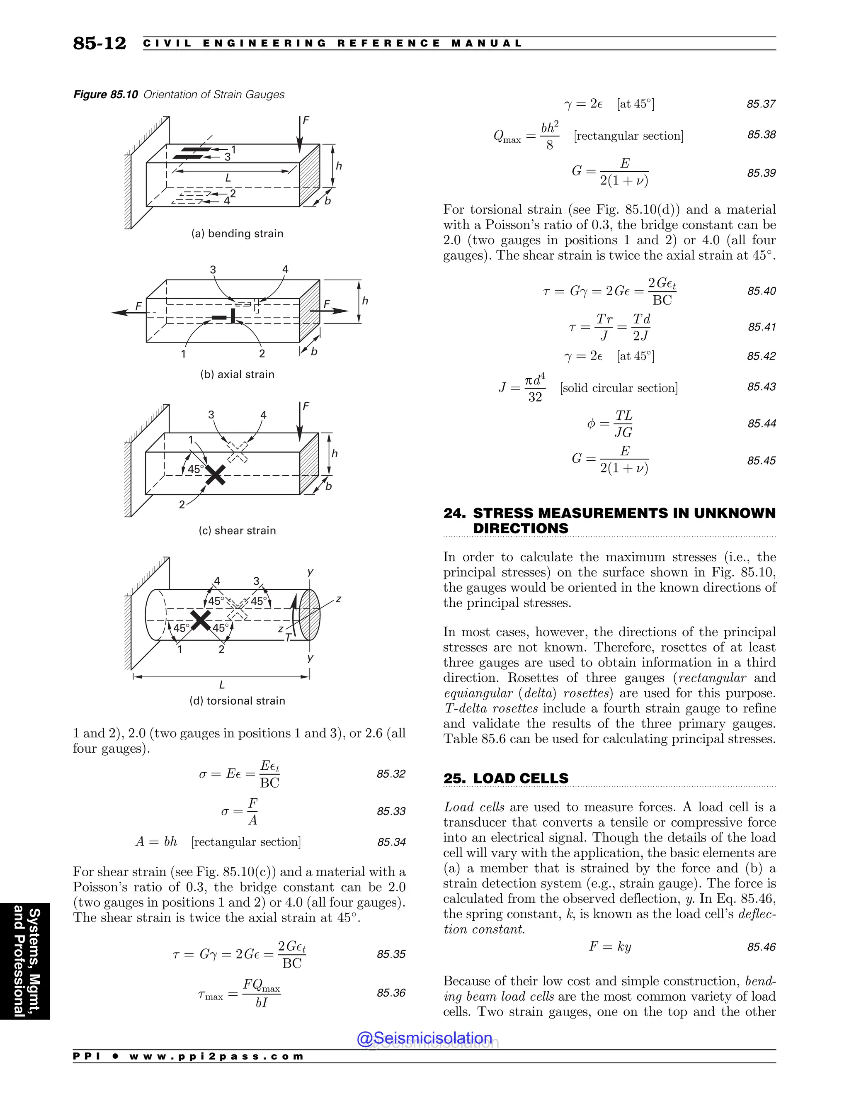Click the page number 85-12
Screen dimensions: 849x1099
99,43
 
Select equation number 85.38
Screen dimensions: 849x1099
761,135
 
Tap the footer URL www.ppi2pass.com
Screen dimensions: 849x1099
216,1056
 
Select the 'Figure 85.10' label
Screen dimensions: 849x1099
106,95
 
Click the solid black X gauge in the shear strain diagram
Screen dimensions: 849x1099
216,474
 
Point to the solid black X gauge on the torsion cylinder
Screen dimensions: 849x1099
201,620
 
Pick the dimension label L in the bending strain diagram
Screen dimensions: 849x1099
228,177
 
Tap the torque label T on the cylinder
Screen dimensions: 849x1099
288,637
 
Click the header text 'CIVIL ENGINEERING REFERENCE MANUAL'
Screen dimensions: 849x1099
333,43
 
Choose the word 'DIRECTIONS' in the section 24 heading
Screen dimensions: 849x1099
521,528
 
